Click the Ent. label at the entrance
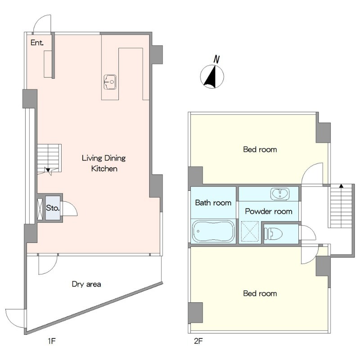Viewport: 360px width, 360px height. (x=37, y=43)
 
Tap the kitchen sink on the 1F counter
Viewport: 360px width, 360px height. (x=110, y=82)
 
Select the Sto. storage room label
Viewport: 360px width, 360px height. (x=53, y=208)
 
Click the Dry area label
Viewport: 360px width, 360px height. (x=86, y=284)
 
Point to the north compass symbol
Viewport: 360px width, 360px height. (x=212, y=76)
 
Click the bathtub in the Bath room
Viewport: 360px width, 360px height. (x=213, y=231)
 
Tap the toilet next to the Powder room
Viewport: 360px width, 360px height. (x=274, y=234)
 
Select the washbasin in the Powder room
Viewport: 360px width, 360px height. (x=280, y=194)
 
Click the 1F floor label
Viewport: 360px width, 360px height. (x=52, y=341)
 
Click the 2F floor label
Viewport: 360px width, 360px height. (x=198, y=341)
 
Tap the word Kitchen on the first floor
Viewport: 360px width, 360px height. (x=104, y=169)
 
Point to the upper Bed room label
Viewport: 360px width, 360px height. (x=260, y=149)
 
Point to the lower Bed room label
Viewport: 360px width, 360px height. (x=260, y=293)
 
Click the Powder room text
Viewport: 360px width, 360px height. (x=269, y=211)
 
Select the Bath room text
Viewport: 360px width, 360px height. (x=213, y=203)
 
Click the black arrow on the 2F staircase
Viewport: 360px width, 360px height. (x=341, y=186)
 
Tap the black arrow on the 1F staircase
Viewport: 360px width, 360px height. (x=48, y=170)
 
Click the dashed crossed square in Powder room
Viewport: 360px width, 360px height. (x=250, y=232)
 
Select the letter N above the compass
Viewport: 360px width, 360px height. (x=216, y=59)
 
